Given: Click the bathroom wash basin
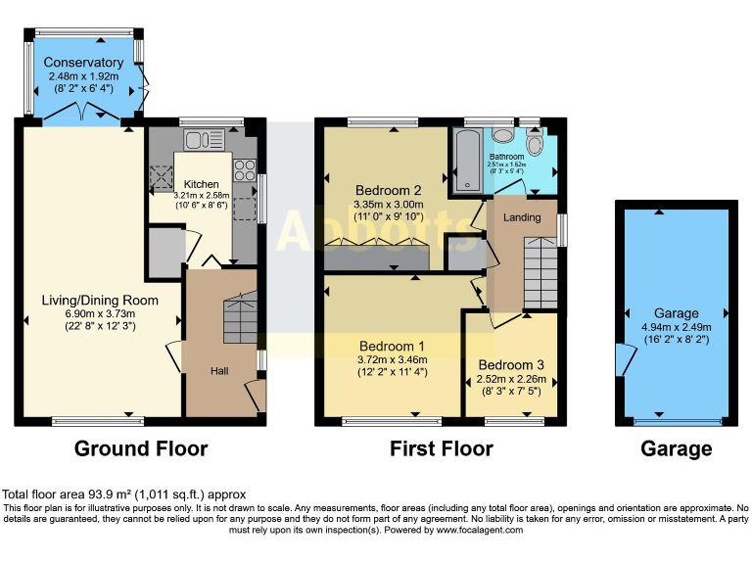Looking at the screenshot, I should tap(502, 137).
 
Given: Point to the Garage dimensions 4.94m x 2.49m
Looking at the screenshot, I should tap(676, 327).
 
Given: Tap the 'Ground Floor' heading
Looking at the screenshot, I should tap(141, 449).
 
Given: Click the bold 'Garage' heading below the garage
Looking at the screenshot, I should tap(676, 449).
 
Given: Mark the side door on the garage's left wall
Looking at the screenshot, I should tap(620, 359).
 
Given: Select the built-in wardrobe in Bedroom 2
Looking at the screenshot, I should tap(377, 257).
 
